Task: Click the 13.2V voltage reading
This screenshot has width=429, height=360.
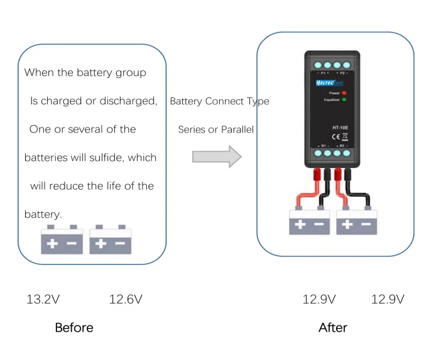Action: pos(43,299)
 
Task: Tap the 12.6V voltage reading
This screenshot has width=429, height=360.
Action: pos(126,299)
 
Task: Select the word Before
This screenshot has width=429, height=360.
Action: pos(73,327)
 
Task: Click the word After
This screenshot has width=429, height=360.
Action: pos(332,327)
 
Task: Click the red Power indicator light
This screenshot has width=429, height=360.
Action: pos(344,92)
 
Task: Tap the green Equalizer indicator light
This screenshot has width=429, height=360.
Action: pos(344,99)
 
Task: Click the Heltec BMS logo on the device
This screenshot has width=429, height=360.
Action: pos(328,82)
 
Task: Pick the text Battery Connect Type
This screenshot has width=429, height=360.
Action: pos(219,101)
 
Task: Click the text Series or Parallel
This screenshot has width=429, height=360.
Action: pos(215,129)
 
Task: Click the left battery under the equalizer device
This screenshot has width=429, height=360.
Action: pos(310,221)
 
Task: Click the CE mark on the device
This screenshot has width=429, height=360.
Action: pos(336,136)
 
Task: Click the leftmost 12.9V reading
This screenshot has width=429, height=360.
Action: pos(319,299)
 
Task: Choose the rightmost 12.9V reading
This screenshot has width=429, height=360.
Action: pos(388,299)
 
